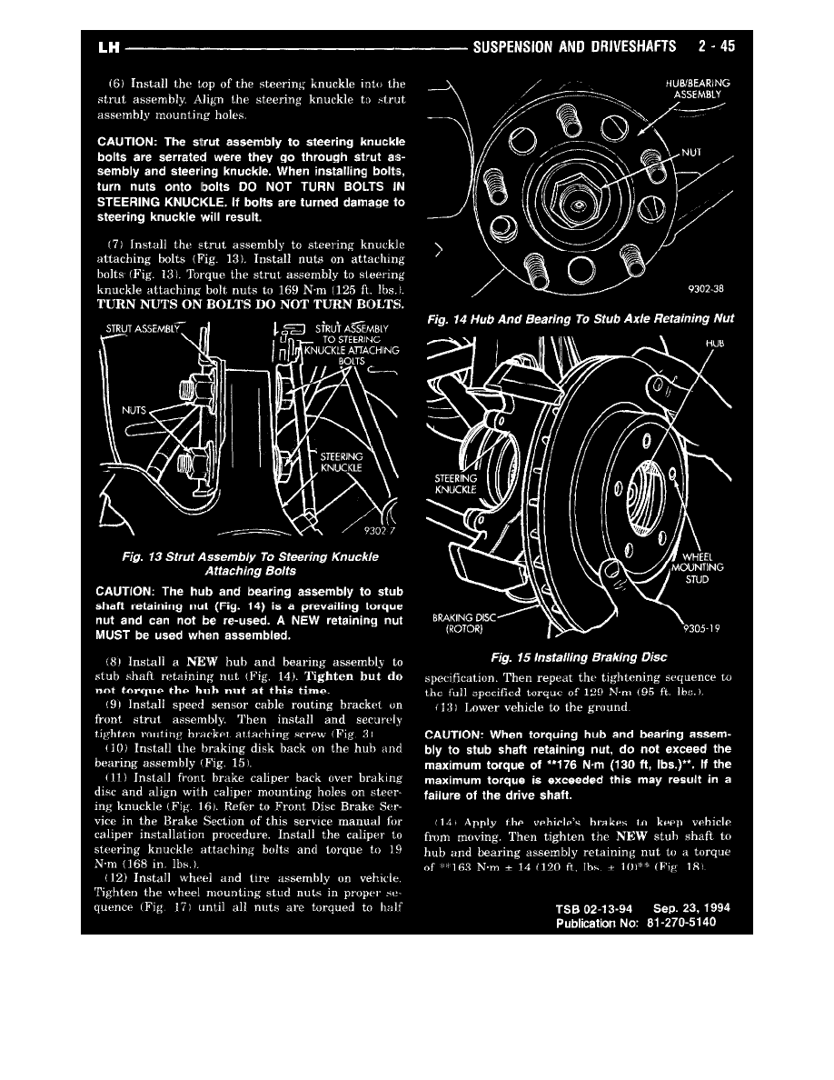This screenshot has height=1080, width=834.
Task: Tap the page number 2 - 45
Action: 707,45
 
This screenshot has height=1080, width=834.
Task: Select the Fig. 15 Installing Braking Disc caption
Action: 578,656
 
